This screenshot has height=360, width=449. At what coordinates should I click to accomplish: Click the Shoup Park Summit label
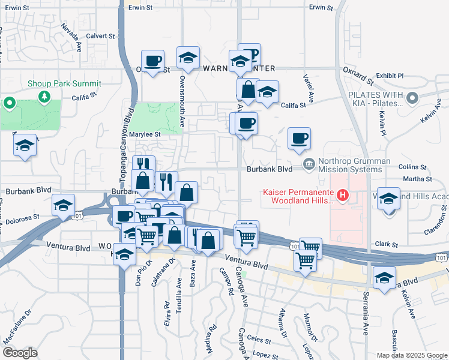pyautogui.click(x=65, y=84)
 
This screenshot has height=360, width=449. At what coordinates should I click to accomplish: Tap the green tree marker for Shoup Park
pyautogui.click(x=10, y=103)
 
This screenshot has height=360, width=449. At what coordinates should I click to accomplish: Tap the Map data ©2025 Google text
pyautogui.click(x=411, y=355)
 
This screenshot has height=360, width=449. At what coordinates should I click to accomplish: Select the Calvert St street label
pyautogui.click(x=100, y=36)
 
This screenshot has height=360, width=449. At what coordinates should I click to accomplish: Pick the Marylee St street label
pyautogui.click(x=146, y=134)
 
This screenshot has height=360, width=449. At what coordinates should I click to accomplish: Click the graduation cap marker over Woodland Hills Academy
pyautogui.click(x=388, y=200)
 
